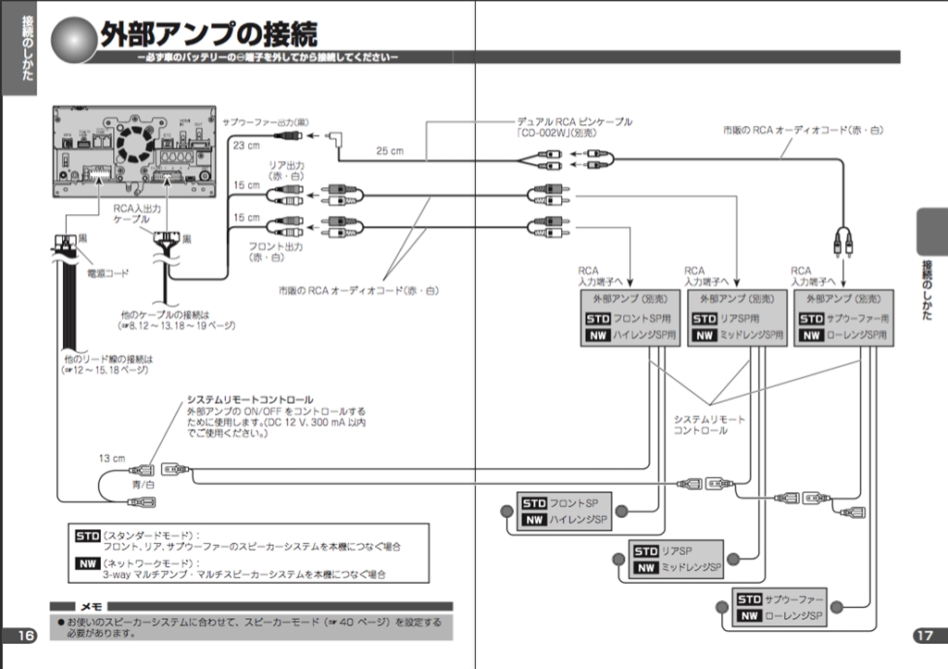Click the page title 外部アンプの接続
coord(208,35)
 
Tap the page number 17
coord(923,635)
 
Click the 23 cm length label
coord(245,145)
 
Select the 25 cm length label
coord(390,151)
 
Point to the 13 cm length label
coord(112,458)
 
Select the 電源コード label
coord(108,273)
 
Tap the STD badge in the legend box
coord(86,536)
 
